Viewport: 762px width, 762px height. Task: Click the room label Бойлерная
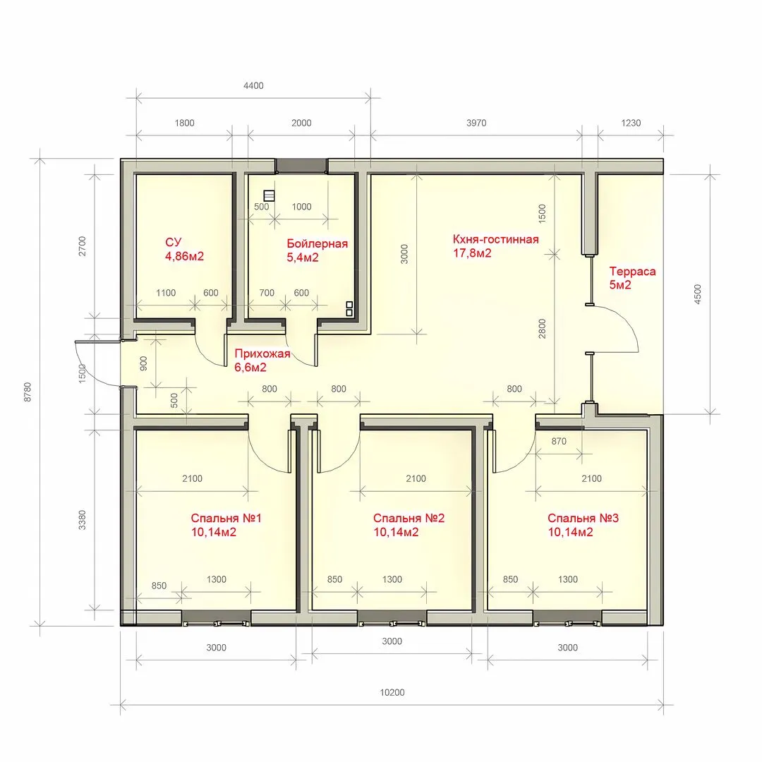click(317, 243)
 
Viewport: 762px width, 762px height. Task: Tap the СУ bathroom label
click(173, 242)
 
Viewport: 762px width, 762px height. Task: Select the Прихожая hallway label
click(262, 353)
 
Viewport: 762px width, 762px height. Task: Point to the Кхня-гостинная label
click(496, 239)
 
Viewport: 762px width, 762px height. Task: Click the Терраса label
click(632, 271)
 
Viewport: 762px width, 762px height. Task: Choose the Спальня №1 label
click(226, 518)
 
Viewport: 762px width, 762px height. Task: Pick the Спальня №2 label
click(409, 518)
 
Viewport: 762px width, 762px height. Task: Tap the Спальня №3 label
click(583, 518)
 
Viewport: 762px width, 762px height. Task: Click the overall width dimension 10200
click(392, 692)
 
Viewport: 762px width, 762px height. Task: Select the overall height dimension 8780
click(28, 392)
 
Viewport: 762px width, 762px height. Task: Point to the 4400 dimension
click(253, 85)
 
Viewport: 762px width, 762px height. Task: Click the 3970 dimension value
click(476, 123)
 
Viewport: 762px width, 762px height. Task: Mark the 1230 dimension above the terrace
click(631, 123)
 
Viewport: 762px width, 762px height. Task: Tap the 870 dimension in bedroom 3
click(559, 441)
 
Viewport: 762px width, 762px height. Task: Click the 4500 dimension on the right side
click(698, 294)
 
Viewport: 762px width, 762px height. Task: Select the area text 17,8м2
click(472, 253)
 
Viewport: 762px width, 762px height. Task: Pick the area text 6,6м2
click(250, 368)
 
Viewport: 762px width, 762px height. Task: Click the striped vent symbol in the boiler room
click(269, 196)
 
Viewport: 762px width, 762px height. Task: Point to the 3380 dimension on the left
click(82, 519)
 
